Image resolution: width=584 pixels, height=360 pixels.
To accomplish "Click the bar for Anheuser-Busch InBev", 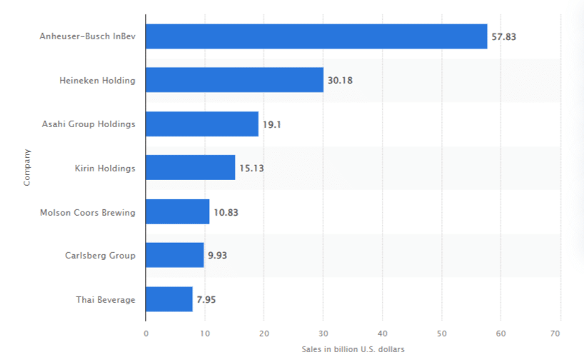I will tap(316, 36).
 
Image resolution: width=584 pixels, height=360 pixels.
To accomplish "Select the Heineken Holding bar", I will tap(234, 80).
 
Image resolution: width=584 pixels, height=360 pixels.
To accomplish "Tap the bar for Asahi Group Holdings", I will tap(202, 124).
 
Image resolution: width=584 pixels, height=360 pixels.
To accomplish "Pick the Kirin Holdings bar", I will tap(190, 168).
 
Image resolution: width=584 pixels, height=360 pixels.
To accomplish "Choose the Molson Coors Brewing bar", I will tap(178, 211).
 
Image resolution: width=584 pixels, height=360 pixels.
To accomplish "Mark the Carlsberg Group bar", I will tap(175, 255).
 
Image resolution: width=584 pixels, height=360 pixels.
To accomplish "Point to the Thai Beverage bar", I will tap(169, 299).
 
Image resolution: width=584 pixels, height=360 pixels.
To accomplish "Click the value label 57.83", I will tap(504, 36).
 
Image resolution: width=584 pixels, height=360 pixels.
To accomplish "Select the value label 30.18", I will tap(340, 80).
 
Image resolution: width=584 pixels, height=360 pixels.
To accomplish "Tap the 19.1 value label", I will tap(272, 124).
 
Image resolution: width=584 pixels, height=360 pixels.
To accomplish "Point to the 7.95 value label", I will tap(206, 299).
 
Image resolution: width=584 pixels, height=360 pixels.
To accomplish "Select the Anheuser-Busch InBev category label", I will tap(87, 36).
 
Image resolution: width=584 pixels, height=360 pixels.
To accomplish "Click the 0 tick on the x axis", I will tap(146, 333).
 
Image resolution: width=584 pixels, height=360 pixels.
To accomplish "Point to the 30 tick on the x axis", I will tap(323, 333).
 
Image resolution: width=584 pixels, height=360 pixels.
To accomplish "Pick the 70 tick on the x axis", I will tap(560, 333).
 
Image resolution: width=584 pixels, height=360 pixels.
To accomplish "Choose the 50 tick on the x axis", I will tap(442, 333).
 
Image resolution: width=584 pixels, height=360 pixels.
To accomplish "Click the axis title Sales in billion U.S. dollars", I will tap(353, 349).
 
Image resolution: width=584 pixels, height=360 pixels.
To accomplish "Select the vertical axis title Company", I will tap(27, 167).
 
